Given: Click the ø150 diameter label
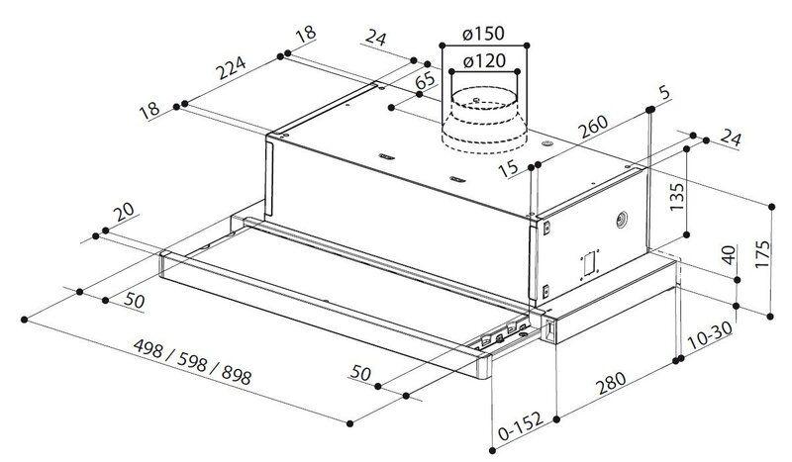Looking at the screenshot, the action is pyautogui.click(x=483, y=34).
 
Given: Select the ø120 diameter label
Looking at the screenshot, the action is pyautogui.click(x=484, y=61).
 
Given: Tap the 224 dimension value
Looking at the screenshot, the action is pyautogui.click(x=232, y=68).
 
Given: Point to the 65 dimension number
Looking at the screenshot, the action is pyautogui.click(x=426, y=81).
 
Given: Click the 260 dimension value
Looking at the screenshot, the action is pyautogui.click(x=593, y=127).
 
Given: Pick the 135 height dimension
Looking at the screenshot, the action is pyautogui.click(x=676, y=197).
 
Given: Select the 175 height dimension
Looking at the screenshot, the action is pyautogui.click(x=762, y=254).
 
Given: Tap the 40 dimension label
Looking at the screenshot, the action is pyautogui.click(x=728, y=254).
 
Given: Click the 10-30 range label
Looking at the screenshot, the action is pyautogui.click(x=710, y=335).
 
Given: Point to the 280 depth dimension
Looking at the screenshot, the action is pyautogui.click(x=611, y=383).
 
